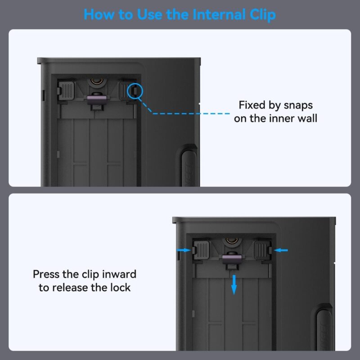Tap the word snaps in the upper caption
[x=298, y=106]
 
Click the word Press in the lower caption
[x=46, y=274]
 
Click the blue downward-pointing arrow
[x=234, y=285]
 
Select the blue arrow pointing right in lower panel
[x=184, y=250]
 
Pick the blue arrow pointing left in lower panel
[x=280, y=250]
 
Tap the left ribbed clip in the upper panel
[x=66, y=90]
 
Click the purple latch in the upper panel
[x=97, y=99]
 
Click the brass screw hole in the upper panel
[x=97, y=81]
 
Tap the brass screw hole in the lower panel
[x=232, y=240]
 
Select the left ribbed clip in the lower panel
[x=201, y=250]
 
